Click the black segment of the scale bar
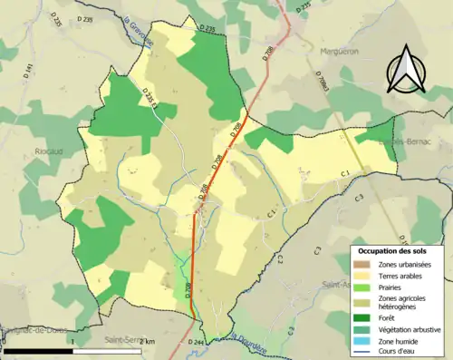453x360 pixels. click(36, 350)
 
